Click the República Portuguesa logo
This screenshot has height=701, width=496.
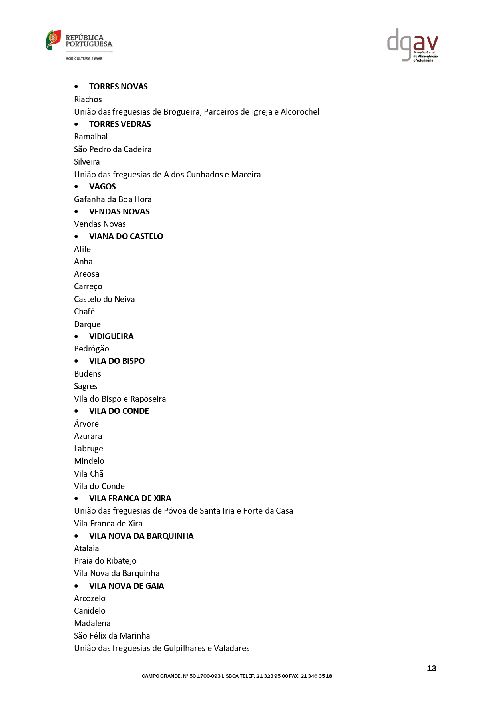pyautogui.click(x=79, y=44)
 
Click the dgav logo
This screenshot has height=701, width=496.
pyautogui.click(x=412, y=45)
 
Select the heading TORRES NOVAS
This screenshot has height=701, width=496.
pyautogui.click(x=118, y=87)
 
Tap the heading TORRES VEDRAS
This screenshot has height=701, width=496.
pyautogui.click(x=120, y=124)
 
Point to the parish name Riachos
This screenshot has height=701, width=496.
pyautogui.click(x=88, y=99)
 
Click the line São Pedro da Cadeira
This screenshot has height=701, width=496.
pyautogui.click(x=113, y=149)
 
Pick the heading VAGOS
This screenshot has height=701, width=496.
pyautogui.click(x=102, y=187)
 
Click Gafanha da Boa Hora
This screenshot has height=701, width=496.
pyautogui.click(x=113, y=199)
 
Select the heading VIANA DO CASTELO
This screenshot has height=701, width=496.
pyautogui.click(x=126, y=236)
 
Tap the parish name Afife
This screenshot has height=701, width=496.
pyautogui.click(x=82, y=249)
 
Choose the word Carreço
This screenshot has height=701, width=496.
pyautogui.click(x=88, y=286)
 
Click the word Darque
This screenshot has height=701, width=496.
pyautogui.click(x=87, y=324)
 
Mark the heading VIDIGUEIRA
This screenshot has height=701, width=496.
pyautogui.click(x=111, y=336)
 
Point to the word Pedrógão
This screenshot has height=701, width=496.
pyautogui.click(x=91, y=349)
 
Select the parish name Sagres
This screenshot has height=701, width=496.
pyautogui.click(x=86, y=386)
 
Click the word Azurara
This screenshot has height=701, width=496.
pyautogui.click(x=88, y=436)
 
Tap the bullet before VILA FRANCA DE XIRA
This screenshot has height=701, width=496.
pyautogui.click(x=76, y=498)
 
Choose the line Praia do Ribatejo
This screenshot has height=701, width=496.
pyautogui.click(x=105, y=561)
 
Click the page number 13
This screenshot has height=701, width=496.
pyautogui.click(x=432, y=668)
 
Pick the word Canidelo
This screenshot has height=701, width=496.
pyautogui.click(x=90, y=611)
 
